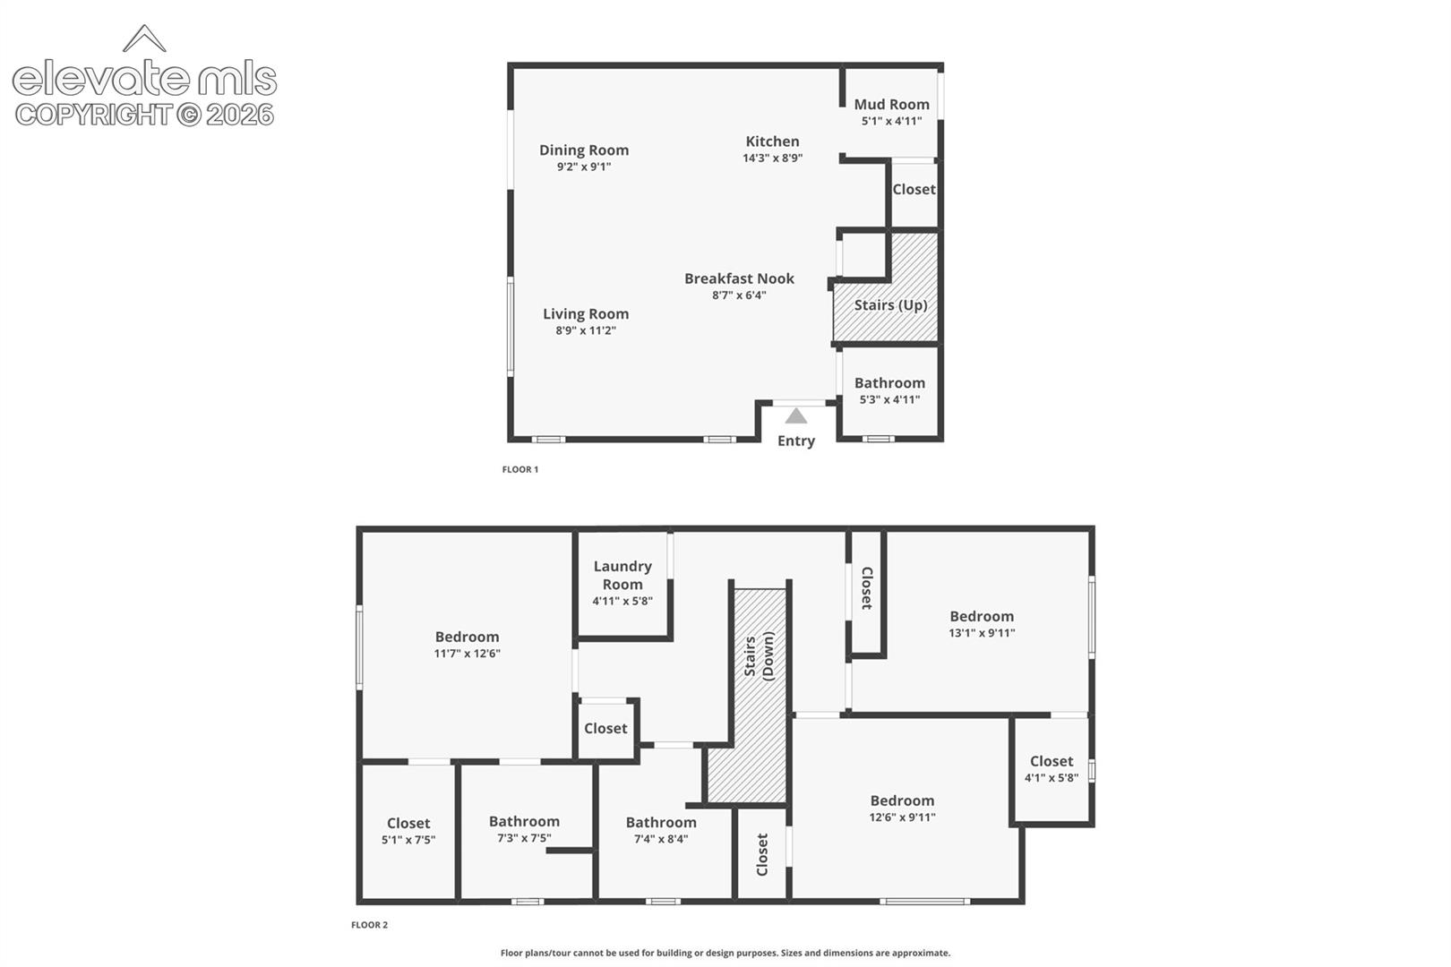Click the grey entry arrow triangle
point(796,415)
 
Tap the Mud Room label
point(891,104)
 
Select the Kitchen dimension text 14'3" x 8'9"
point(772,158)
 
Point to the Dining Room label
point(584,150)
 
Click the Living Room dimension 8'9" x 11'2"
point(586,330)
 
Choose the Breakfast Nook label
point(739,278)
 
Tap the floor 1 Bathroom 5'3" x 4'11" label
point(889,390)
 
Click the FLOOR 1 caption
point(520,469)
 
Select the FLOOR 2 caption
point(369,925)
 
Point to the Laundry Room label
point(622,575)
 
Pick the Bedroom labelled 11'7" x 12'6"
point(467,645)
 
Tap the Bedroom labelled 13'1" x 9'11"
point(982,624)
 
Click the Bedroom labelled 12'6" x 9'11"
point(902,809)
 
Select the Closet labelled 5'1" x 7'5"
point(408,831)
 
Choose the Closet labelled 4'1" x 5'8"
point(1052,769)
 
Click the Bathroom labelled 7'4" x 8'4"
point(661,830)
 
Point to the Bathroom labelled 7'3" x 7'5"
point(524,829)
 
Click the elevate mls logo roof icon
point(144,38)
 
